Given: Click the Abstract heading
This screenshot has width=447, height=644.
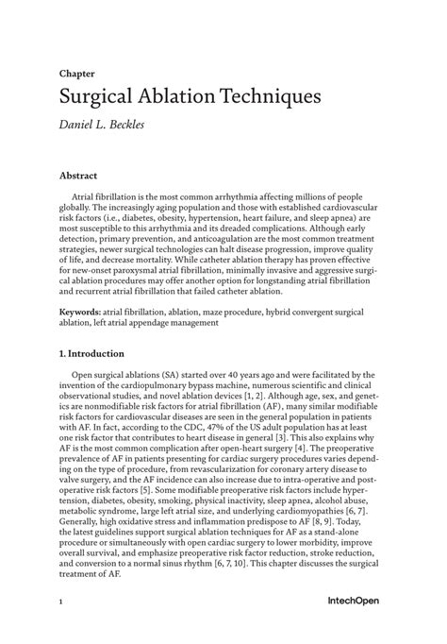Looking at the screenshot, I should (80, 176).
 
